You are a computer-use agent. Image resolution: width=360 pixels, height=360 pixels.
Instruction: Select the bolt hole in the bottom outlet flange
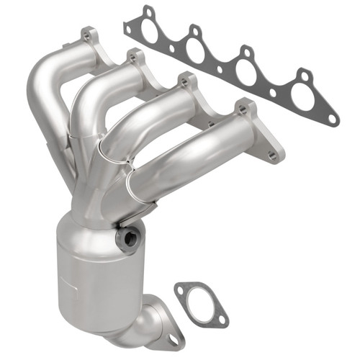[174, 338]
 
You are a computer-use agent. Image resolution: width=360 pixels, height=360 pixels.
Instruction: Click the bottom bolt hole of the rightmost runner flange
[271, 154]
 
